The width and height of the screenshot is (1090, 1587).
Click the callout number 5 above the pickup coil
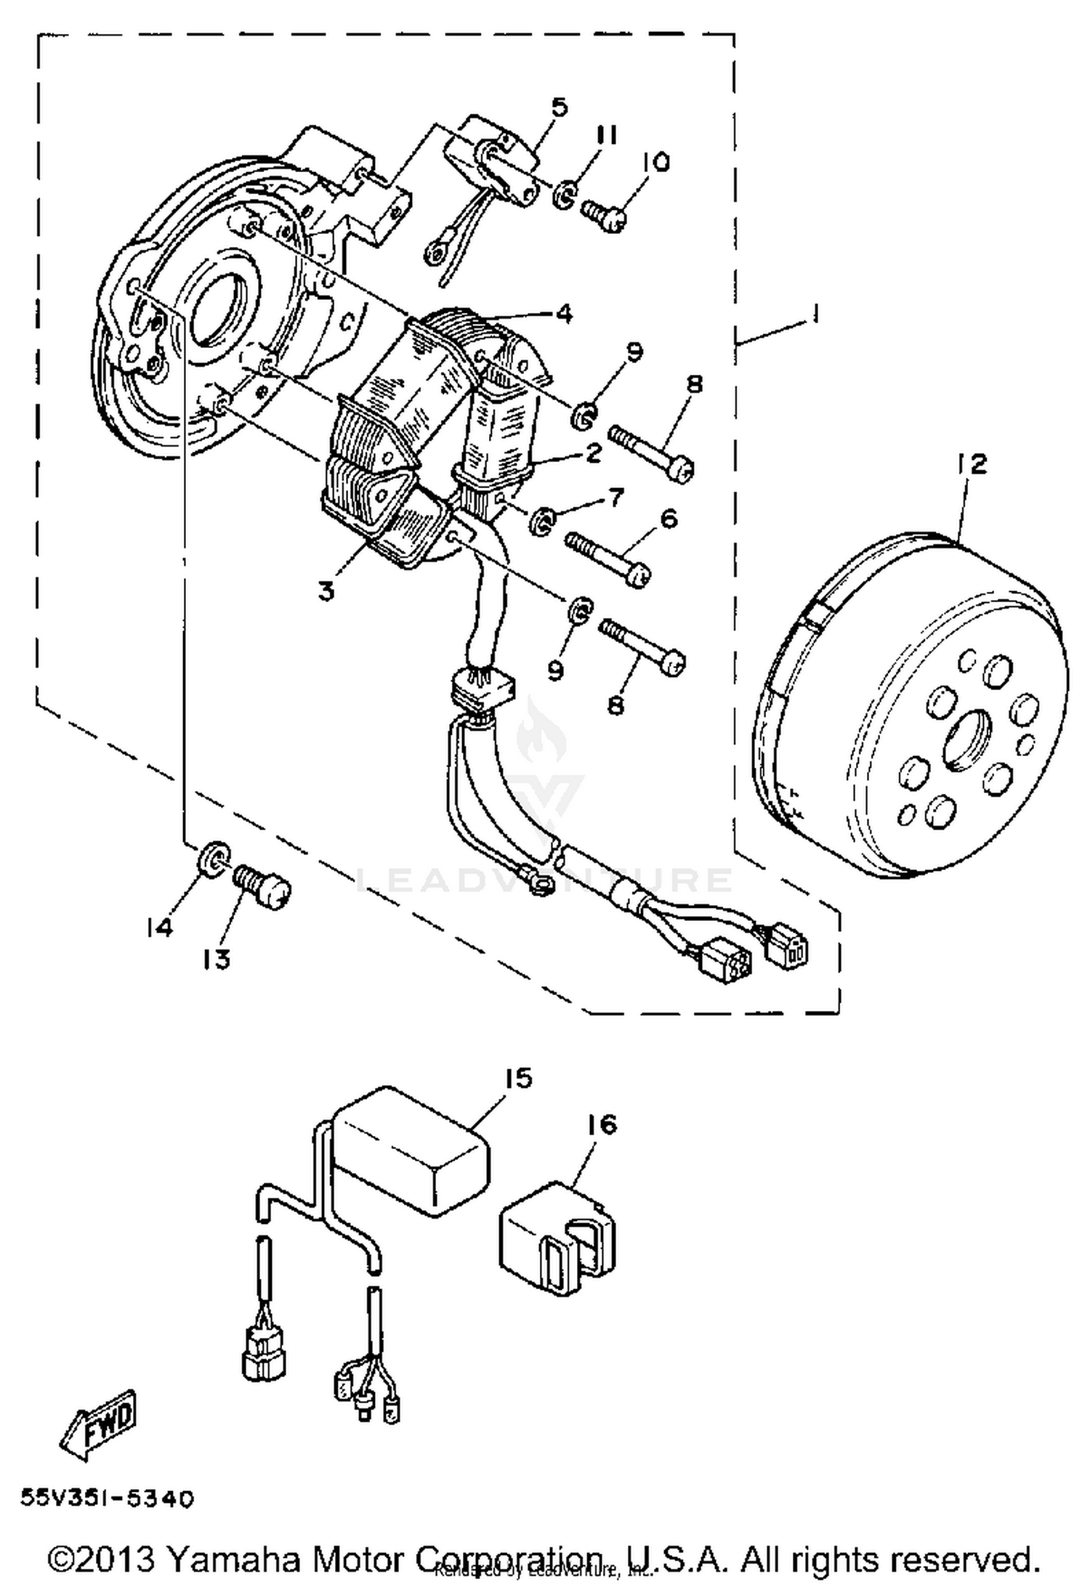pos(559,107)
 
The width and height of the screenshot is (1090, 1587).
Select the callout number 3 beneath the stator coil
pos(327,591)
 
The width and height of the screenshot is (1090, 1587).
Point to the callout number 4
pos(563,314)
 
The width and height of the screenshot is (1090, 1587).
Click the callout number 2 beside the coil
pos(592,453)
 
